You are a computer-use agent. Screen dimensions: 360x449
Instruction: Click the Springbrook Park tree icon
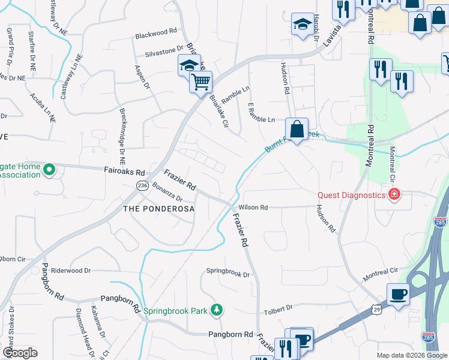[x=216, y=310]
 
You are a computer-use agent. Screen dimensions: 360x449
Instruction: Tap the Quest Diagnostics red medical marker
[x=394, y=194]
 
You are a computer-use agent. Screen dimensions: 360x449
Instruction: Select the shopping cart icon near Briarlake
[x=201, y=81]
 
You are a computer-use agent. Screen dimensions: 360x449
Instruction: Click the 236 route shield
[x=142, y=186]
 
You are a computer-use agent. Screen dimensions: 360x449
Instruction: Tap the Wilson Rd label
[x=253, y=208]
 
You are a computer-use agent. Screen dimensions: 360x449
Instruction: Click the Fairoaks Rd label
[x=125, y=172]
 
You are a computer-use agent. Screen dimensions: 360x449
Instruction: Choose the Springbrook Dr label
[x=228, y=274]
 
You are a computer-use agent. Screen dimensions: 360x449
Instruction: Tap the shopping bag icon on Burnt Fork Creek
[x=297, y=128]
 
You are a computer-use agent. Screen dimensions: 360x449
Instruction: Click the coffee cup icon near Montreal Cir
[x=399, y=295]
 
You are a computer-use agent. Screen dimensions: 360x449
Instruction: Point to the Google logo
[x=20, y=353]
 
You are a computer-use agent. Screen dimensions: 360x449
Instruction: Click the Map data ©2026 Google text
[x=412, y=355]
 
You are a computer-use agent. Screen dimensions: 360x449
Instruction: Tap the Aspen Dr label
[x=143, y=77]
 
